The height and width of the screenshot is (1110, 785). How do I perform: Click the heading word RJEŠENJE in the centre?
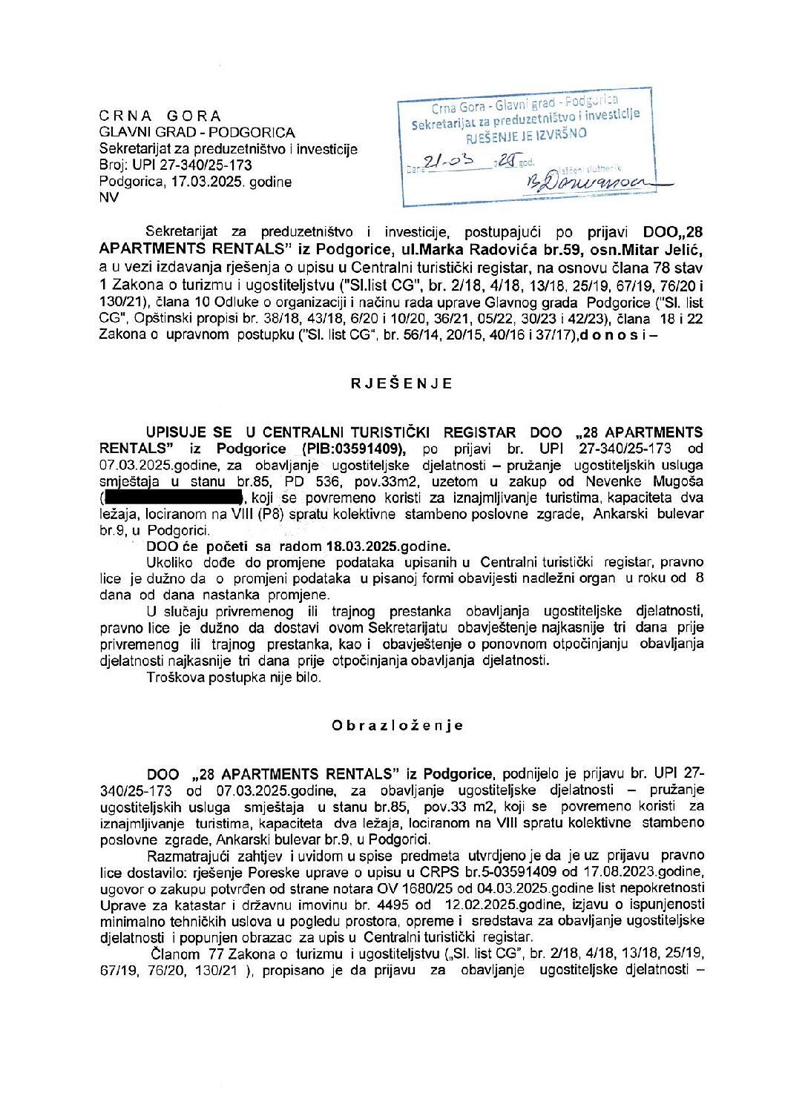(x=401, y=383)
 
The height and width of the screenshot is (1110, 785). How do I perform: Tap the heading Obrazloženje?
(x=398, y=725)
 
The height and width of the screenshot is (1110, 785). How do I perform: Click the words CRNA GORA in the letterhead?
(x=160, y=116)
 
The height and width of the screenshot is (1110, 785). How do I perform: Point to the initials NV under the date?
(x=108, y=197)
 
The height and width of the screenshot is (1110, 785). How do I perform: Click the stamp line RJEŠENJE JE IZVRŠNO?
(x=526, y=134)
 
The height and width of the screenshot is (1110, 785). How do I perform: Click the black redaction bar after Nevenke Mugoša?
(x=174, y=498)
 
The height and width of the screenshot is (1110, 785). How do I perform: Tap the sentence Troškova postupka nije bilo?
(x=234, y=677)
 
